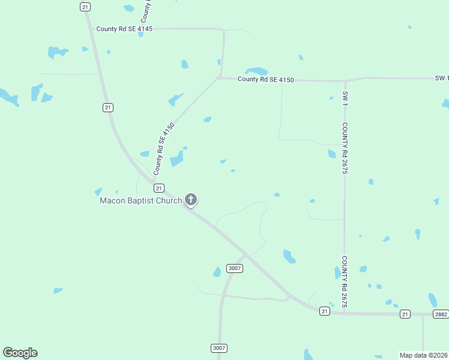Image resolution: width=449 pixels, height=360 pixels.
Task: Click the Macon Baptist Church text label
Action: coord(140,201)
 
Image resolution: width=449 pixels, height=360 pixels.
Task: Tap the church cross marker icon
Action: coord(191,199)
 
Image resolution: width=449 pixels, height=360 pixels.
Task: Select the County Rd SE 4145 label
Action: coord(124,29)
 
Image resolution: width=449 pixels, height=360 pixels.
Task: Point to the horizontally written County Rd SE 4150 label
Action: coord(265,79)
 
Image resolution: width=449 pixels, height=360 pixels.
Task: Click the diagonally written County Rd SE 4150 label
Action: coord(163,149)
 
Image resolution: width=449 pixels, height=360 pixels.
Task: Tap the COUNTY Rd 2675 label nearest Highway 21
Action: coord(345,282)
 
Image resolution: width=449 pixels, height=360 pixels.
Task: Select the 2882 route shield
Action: coord(441,314)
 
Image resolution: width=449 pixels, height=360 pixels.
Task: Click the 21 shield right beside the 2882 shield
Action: coord(405,314)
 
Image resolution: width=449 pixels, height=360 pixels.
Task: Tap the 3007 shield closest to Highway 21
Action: coord(235,268)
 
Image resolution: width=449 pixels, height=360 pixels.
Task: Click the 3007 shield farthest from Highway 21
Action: coord(219,348)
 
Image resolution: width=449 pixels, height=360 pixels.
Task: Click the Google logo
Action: coord(20,353)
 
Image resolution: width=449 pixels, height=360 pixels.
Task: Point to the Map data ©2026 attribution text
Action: coord(424,355)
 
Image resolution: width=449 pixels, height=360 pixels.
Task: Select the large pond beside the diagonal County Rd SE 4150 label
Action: coord(177,158)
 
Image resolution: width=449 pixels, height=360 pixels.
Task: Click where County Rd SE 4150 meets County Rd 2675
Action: coord(345,80)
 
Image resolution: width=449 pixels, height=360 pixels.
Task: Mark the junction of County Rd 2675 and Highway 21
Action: coord(345,313)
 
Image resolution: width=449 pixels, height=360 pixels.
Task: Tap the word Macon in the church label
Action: coord(112,201)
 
